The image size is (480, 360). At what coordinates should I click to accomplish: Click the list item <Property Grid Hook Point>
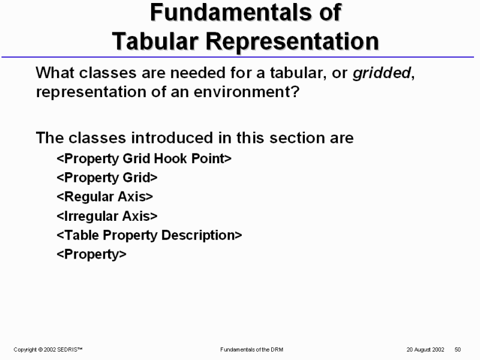coord(144,158)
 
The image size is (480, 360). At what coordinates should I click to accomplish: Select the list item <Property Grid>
coord(107,178)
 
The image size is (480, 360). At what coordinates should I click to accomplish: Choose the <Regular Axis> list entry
coord(105,197)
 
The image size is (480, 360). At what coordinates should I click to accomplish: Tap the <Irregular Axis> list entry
coord(107,216)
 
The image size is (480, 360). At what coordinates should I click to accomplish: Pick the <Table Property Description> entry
coord(149,235)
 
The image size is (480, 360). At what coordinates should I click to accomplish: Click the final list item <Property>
coord(92,254)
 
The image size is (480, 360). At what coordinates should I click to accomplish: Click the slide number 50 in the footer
coord(457,349)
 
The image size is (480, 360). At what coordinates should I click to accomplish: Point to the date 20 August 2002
coord(425,349)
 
